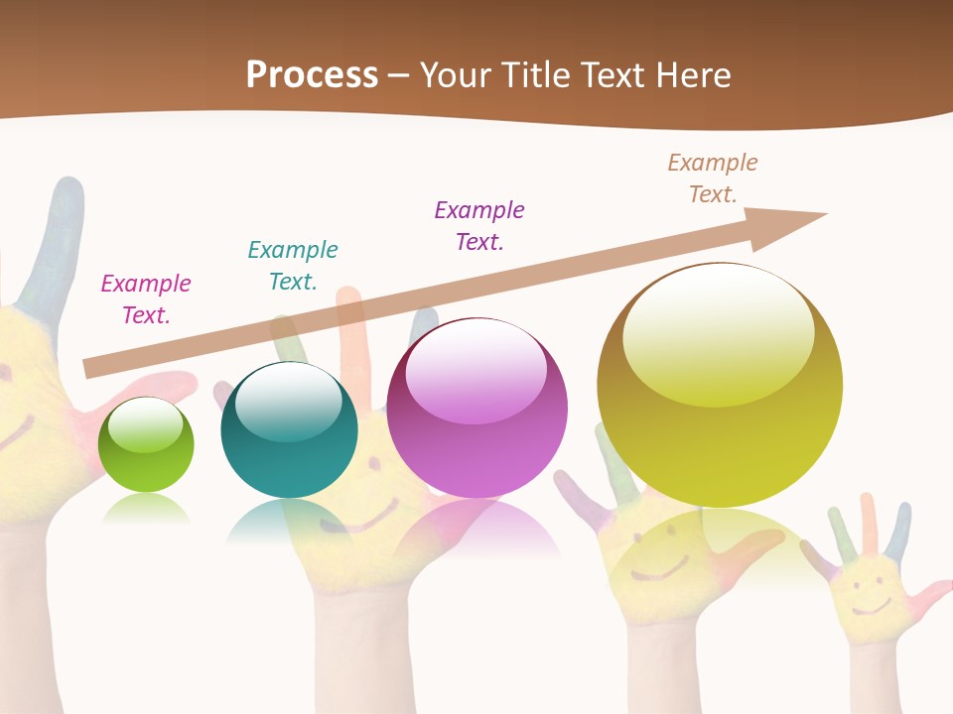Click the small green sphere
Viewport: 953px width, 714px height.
click(x=146, y=445)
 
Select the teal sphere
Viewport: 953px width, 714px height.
click(x=289, y=430)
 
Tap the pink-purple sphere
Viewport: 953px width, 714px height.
click(x=476, y=409)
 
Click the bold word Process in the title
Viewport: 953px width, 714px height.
click(x=312, y=74)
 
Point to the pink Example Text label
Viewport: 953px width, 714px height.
click(x=146, y=299)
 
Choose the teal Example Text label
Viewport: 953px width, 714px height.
click(x=293, y=265)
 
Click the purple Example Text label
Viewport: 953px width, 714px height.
click(x=479, y=225)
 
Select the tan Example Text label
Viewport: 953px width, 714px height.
click(x=713, y=178)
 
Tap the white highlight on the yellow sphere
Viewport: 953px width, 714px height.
click(x=719, y=332)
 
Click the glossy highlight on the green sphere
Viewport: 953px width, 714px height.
click(x=145, y=425)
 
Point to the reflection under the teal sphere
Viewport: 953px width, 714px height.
click(x=288, y=520)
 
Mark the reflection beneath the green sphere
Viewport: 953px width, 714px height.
click(x=146, y=508)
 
